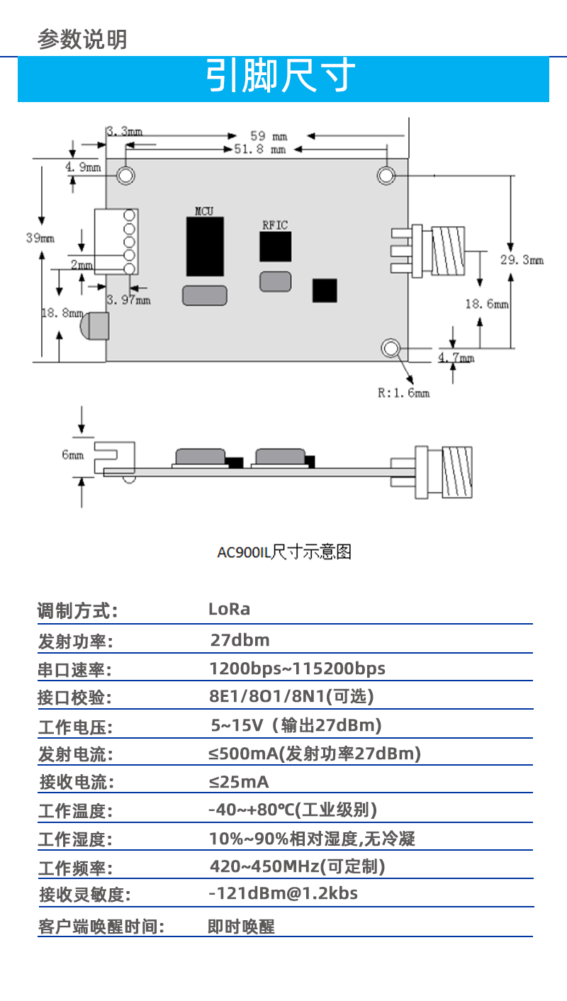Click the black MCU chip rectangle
[x=205, y=246]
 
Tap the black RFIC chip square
[x=275, y=247]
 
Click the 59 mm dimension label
[x=269, y=135]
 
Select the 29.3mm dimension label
[x=522, y=260]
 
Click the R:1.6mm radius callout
[x=403, y=392]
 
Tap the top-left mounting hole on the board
[x=126, y=175]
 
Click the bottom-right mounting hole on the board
[x=391, y=347]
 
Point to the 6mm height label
[x=72, y=454]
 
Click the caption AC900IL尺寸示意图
[x=283, y=552]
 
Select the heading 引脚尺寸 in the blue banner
[x=281, y=77]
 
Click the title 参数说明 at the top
[x=82, y=39]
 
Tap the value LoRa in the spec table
[x=229, y=609]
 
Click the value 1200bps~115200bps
[x=297, y=669]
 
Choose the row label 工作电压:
[x=75, y=727]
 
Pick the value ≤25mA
[x=239, y=783]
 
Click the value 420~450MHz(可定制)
[x=298, y=866]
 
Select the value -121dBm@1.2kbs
[x=283, y=893]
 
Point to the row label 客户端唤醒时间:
[x=101, y=927]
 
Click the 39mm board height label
[x=40, y=238]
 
